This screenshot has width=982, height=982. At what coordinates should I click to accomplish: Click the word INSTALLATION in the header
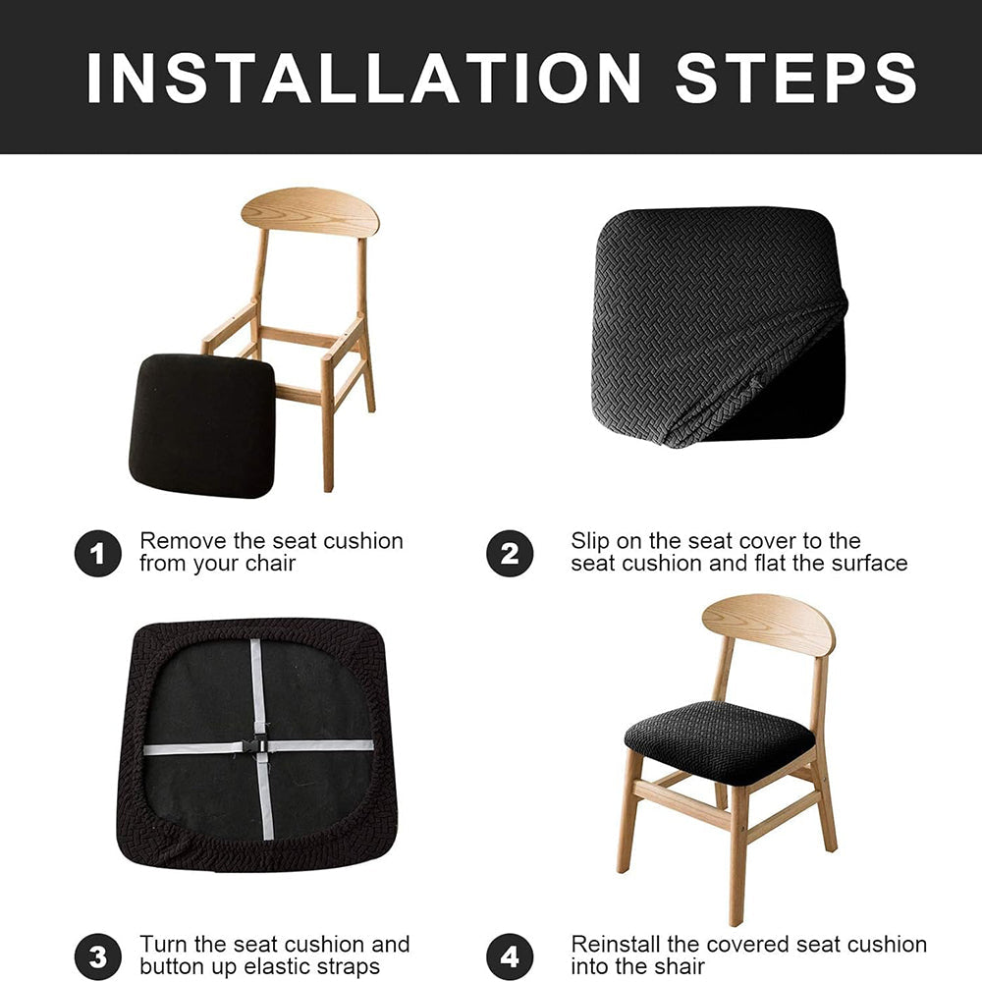364,78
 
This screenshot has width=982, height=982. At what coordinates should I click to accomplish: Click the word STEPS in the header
796,78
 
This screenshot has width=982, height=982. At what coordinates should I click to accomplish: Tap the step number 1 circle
97,554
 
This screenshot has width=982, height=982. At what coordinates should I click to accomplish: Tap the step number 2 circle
510,554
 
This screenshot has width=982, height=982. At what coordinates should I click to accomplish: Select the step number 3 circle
97,956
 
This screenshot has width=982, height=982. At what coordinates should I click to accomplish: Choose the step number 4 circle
510,956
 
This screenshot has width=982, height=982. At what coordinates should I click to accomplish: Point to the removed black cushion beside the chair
202,426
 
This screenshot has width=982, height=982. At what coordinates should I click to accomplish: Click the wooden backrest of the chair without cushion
310,212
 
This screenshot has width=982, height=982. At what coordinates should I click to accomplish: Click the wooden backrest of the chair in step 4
769,625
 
